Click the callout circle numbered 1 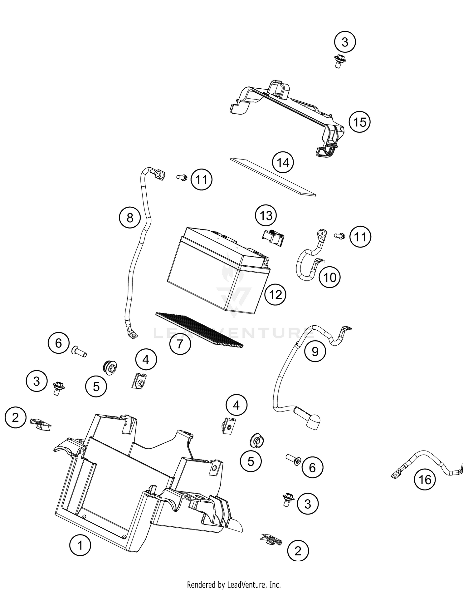click(80, 546)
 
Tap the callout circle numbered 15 click(359, 122)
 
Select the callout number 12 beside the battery click(275, 294)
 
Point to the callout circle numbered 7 click(180, 344)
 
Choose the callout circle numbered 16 click(425, 479)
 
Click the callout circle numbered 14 click(283, 163)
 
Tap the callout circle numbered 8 click(130, 218)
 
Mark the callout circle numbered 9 click(315, 352)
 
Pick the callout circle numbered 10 click(330, 277)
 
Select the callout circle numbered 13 click(266, 215)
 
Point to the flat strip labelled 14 click(273, 177)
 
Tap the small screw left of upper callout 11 click(181, 177)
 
